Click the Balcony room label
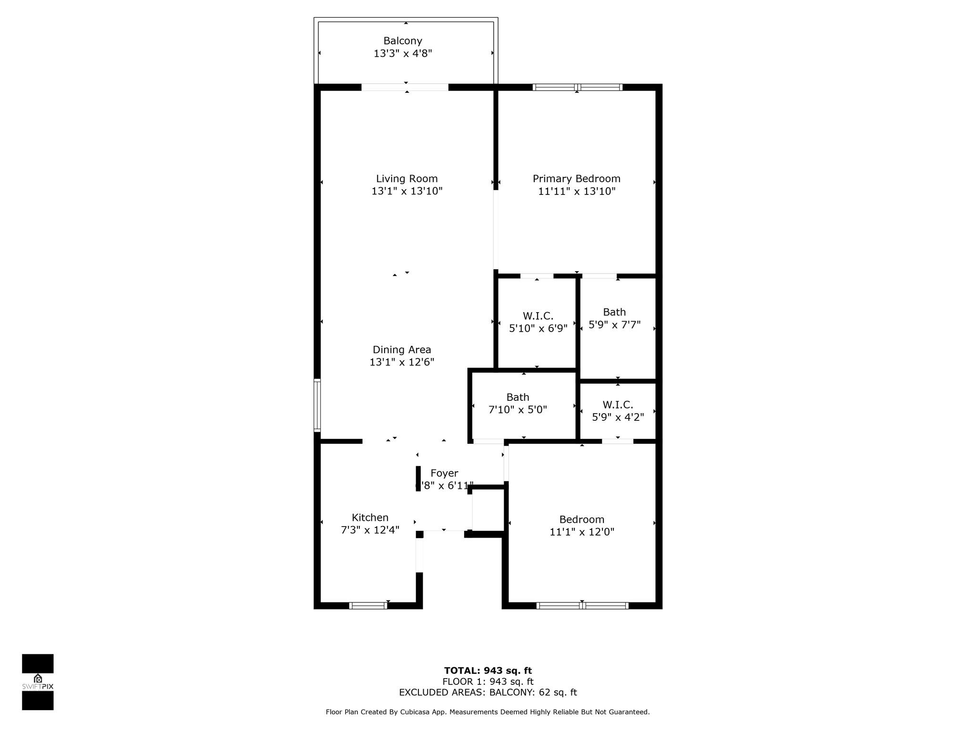(403, 41)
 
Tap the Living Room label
(407, 179)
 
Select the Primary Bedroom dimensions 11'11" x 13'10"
(577, 192)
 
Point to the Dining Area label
(402, 350)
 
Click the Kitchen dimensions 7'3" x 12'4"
(370, 530)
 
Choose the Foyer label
(444, 473)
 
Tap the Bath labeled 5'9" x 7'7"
(614, 312)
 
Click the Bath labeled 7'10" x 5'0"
(518, 397)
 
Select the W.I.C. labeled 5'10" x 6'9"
(538, 316)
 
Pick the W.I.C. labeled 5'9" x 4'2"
(618, 405)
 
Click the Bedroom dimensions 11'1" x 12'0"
(582, 532)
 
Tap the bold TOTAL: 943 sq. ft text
(488, 671)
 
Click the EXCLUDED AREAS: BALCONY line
(488, 692)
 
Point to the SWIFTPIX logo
(38, 682)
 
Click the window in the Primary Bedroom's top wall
(578, 87)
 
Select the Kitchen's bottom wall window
(368, 606)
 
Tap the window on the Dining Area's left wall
(317, 405)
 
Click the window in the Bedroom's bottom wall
(582, 606)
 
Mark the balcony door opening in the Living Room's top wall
(405, 87)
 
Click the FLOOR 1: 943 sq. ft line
(488, 682)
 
